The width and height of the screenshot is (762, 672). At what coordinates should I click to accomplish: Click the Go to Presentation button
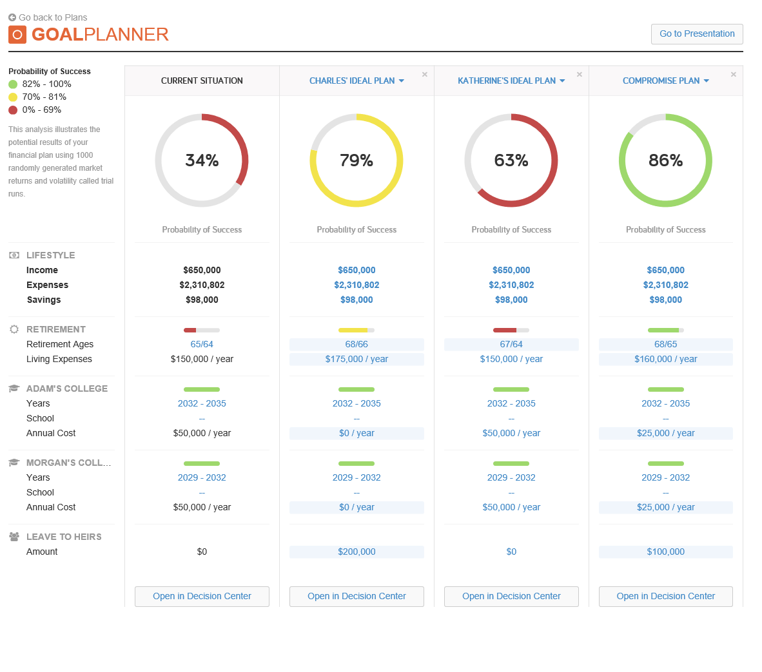[x=697, y=34]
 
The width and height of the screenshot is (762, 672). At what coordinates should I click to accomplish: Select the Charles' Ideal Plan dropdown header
[x=357, y=81]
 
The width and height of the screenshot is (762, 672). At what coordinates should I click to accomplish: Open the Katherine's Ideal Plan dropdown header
[x=511, y=81]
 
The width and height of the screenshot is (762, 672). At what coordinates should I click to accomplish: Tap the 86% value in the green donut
[x=665, y=160]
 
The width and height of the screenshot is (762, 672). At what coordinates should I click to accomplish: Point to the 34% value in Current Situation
[x=202, y=160]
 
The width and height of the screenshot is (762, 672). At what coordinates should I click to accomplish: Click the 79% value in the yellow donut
[x=357, y=160]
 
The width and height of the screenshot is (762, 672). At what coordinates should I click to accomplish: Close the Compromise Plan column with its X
[x=733, y=75]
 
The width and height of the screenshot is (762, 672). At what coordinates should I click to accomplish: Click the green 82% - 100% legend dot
[x=13, y=84]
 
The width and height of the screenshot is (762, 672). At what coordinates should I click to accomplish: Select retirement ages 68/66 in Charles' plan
[x=357, y=344]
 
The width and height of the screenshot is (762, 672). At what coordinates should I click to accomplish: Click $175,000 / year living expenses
[x=357, y=359]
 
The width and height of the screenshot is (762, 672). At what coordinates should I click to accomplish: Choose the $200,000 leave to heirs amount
[x=357, y=552]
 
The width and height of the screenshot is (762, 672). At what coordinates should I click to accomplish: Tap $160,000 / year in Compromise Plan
[x=665, y=359]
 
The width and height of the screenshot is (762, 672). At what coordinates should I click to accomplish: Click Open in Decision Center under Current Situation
[x=202, y=596]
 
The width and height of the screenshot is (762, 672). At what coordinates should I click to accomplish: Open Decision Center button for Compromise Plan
[x=665, y=596]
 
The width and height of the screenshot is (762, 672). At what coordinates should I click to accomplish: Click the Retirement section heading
[x=56, y=329]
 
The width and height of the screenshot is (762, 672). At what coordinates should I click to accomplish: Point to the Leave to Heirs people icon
[x=14, y=537]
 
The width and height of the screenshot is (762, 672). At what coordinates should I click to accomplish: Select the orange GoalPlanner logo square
[x=17, y=35]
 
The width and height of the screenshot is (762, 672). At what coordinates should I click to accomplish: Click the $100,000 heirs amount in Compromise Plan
[x=665, y=552]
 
